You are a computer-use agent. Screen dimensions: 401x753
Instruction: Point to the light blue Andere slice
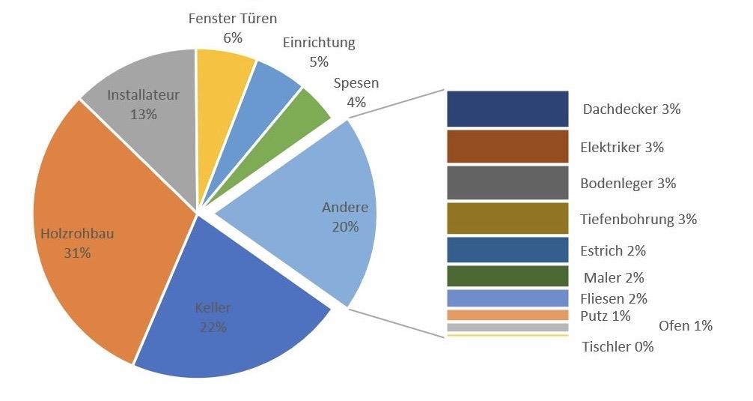[314, 217]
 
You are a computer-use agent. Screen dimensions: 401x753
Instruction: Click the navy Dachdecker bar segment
[507, 109]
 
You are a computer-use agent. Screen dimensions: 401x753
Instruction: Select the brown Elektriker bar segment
[507, 146]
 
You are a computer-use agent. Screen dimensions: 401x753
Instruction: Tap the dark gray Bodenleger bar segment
[507, 182]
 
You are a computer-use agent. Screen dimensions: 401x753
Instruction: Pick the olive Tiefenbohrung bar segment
[507, 218]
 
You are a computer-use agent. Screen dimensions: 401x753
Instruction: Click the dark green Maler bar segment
[507, 277]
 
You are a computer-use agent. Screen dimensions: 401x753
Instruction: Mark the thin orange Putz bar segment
[507, 315]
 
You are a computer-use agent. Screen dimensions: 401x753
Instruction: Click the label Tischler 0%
[618, 347]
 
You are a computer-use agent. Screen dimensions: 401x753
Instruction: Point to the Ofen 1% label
[685, 326]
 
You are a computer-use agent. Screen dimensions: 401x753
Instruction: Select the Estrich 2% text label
[613, 250]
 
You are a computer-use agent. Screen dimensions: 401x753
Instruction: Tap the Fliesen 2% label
[614, 298]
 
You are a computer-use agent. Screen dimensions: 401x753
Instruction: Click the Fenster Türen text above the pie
[232, 17]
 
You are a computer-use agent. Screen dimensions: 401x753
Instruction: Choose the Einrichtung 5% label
[319, 52]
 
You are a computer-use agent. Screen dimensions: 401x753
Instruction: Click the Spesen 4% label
[356, 92]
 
